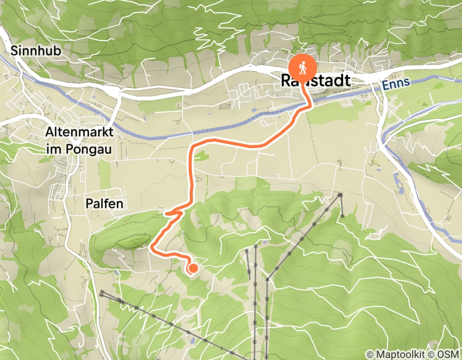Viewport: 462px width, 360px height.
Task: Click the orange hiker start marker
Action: [x=303, y=67]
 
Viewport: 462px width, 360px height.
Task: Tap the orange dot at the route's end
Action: [x=193, y=268]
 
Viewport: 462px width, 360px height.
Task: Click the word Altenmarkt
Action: [x=79, y=132]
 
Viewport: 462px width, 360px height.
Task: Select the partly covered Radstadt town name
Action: [x=316, y=81]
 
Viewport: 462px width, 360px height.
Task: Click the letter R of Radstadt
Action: [x=286, y=81]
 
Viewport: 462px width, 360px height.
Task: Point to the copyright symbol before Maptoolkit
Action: [x=370, y=354]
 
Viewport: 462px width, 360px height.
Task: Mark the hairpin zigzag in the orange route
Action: [x=174, y=211]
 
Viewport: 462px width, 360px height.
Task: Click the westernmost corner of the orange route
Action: [x=151, y=248]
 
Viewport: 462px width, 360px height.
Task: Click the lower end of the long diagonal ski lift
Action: [x=266, y=279]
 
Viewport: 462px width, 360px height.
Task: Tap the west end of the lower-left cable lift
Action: [x=102, y=293]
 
